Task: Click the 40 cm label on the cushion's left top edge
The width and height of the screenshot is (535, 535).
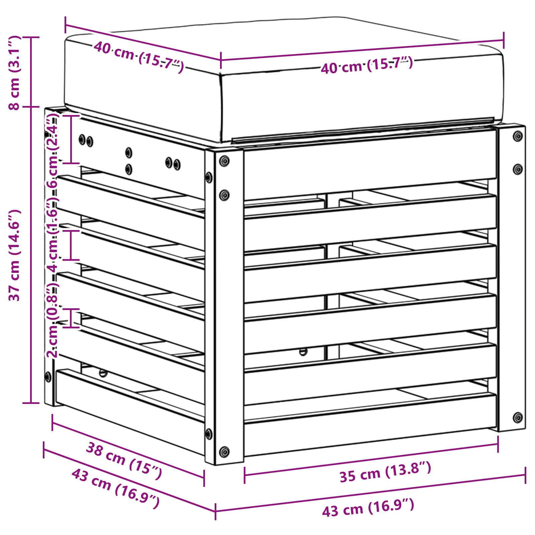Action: click(138, 57)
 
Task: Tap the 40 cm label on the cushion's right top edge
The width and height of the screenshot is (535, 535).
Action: click(367, 65)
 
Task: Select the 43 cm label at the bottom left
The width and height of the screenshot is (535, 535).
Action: click(115, 488)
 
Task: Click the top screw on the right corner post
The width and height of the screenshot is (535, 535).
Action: click(518, 136)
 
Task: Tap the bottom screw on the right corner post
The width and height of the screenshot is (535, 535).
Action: click(518, 417)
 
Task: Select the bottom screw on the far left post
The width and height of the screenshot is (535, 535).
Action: click(48, 376)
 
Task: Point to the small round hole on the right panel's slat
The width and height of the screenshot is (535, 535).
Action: click(303, 351)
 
